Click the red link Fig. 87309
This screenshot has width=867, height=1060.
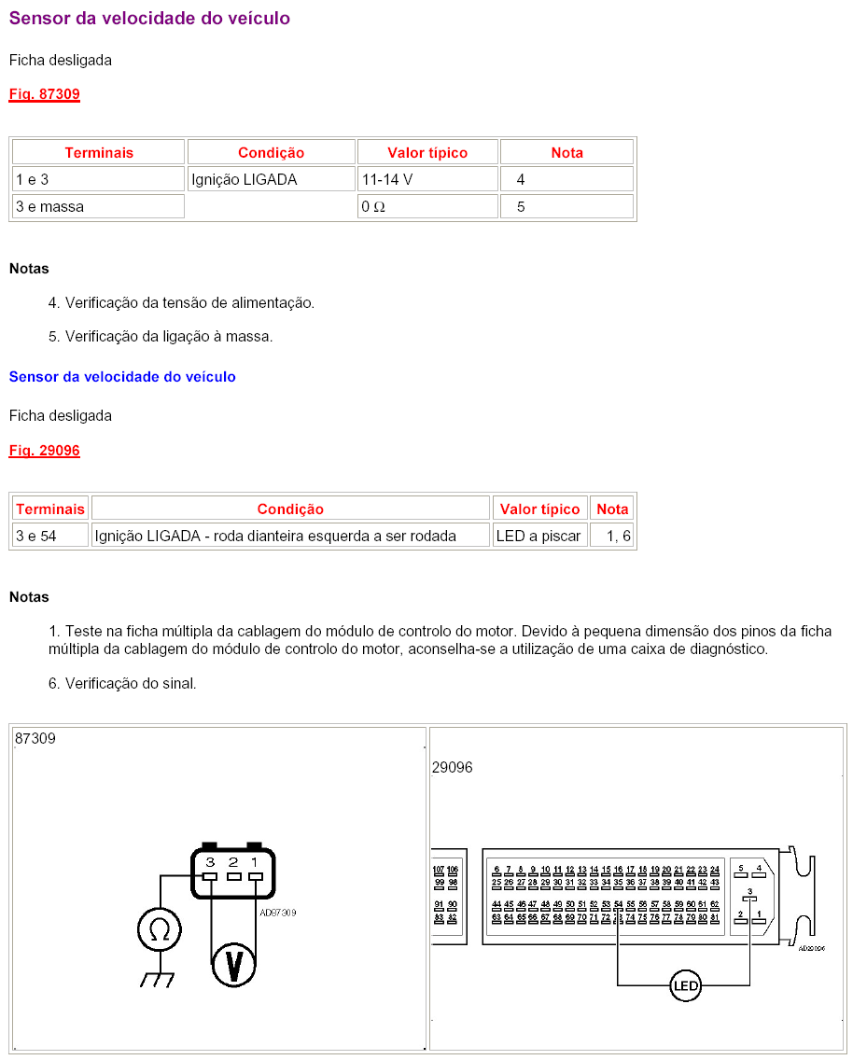45,94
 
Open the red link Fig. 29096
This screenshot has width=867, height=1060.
45,451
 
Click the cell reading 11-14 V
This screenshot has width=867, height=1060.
427,179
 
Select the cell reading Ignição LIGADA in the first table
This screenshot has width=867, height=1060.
271,179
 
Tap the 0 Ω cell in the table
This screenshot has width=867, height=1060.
427,207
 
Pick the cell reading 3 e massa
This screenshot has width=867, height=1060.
98,207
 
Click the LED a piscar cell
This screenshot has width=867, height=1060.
539,536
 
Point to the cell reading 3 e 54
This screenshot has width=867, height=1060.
50,536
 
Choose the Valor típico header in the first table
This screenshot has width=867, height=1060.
427,152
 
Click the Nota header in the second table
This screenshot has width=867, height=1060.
612,509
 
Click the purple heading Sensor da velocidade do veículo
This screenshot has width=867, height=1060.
149,19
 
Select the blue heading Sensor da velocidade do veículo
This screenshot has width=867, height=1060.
122,377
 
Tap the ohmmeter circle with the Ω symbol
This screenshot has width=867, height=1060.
160,930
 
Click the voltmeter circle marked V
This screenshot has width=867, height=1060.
234,964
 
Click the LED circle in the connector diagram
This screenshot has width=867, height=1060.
685,985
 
